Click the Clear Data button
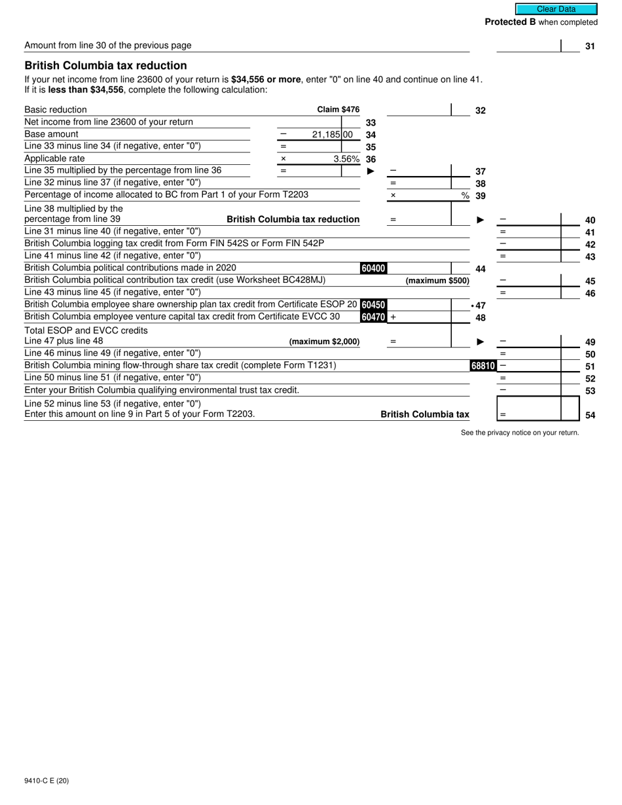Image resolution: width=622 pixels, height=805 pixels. [x=556, y=9]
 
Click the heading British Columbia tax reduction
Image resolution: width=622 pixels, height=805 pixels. [x=105, y=65]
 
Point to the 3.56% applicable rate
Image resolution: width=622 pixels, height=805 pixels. [x=346, y=159]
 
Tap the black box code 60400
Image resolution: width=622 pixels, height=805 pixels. [x=373, y=268]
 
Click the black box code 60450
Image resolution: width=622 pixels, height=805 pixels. [x=373, y=305]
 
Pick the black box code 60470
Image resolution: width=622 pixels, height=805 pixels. [x=373, y=317]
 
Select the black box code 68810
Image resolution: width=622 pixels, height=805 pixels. [x=483, y=366]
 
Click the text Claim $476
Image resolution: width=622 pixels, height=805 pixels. [x=338, y=110]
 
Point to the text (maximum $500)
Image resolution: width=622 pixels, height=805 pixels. [x=437, y=281]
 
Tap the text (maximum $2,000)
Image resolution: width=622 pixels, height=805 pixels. [x=324, y=342]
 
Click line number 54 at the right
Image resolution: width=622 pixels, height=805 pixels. [x=590, y=416]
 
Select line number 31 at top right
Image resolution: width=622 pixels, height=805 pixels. [x=590, y=46]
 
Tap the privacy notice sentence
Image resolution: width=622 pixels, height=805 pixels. [x=520, y=433]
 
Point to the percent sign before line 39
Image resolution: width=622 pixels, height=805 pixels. [x=465, y=196]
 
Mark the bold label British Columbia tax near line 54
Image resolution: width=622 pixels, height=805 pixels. [x=424, y=414]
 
